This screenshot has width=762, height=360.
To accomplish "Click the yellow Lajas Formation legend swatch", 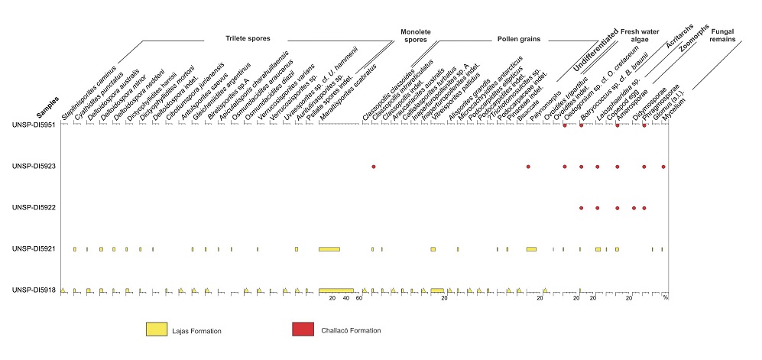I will pos(161,329).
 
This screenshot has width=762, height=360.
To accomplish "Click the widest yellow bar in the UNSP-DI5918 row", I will pos(336,290).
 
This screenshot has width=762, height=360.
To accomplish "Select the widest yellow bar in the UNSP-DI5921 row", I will pos(329,249).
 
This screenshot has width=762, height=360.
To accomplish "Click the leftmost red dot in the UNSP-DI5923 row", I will pos(373,166).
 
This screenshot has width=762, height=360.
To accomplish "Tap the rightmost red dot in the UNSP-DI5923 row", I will pos(663,166).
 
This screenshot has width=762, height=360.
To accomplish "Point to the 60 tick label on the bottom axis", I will pos(358,299).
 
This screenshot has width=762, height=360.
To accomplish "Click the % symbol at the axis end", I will pos(665,299).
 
